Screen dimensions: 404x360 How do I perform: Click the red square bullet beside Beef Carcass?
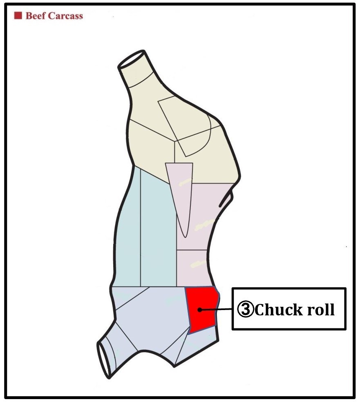coord(18,16)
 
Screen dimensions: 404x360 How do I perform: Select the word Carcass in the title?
coord(65,16)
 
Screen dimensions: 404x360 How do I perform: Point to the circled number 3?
coord(246,310)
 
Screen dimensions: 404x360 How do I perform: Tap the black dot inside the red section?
coord(199,309)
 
